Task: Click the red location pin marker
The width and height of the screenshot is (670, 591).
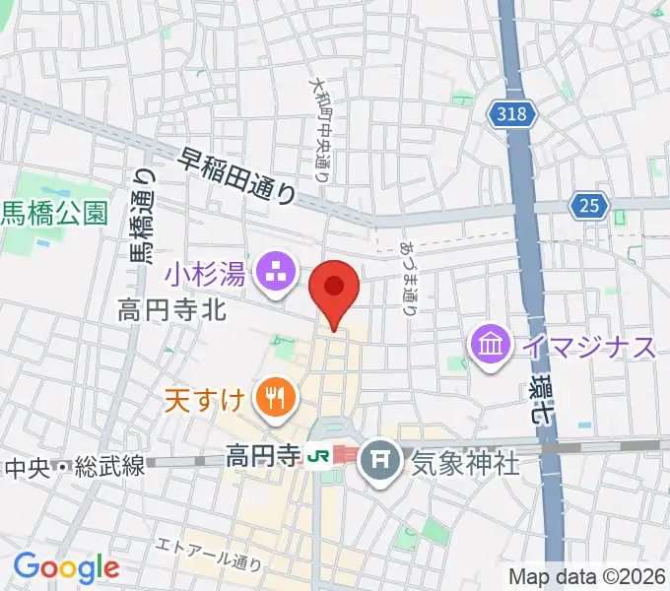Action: click(334, 288)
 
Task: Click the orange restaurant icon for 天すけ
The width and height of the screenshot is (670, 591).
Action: click(271, 398)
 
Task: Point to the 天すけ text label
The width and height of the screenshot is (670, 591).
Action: click(210, 399)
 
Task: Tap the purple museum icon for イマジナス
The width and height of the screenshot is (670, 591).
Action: click(490, 346)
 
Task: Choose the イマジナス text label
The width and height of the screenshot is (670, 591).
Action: click(589, 347)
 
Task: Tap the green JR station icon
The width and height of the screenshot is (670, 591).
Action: click(315, 456)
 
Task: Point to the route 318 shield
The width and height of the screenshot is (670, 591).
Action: click(512, 115)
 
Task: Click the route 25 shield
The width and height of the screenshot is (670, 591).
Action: click(588, 205)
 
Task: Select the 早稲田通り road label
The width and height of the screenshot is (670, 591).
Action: click(237, 176)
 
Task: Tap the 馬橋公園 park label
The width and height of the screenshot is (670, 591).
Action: click(53, 214)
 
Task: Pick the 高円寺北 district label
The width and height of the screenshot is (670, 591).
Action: click(172, 312)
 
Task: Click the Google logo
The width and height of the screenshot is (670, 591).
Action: click(66, 566)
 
